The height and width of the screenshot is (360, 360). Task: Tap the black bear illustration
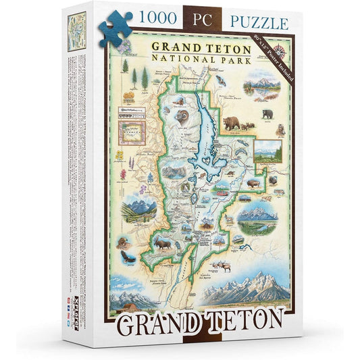pyautogui.click(x=269, y=113)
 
